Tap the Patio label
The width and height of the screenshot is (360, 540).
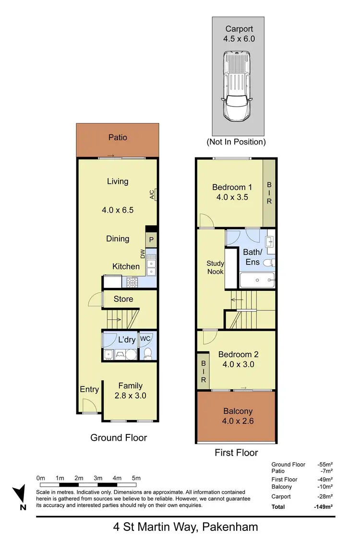118,137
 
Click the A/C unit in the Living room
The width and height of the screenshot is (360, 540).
154,194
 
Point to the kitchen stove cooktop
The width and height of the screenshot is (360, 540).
133,283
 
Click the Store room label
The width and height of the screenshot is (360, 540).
123,299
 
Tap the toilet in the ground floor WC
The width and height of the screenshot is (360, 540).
148,354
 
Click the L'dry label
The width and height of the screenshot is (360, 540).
127,340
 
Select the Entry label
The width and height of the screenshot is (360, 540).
89,389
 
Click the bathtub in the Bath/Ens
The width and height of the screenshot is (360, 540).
256,280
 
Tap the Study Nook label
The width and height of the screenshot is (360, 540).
215,267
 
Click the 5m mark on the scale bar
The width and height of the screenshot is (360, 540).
136,478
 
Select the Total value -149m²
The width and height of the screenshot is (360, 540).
324,506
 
